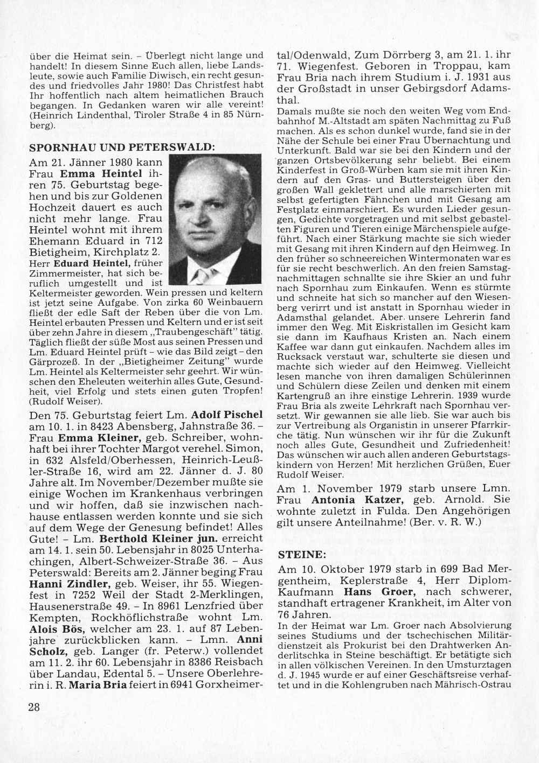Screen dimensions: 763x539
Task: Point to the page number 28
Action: point(34,707)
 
